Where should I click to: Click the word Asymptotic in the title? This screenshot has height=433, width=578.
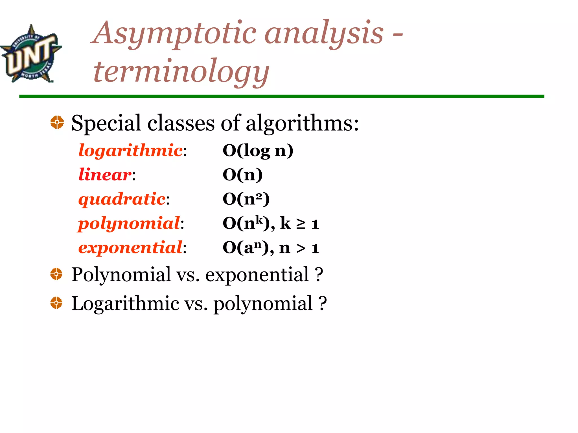coord(175,34)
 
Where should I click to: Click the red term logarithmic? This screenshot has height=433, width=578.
coord(130,150)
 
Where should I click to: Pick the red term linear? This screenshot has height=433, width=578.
coord(105,174)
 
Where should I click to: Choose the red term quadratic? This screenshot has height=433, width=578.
coord(122,199)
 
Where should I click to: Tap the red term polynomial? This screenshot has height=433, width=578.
coord(129,224)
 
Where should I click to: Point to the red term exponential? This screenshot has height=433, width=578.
coord(130,248)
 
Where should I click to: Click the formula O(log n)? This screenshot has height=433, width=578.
coord(258,150)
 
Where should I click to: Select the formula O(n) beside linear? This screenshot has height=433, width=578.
coord(243,174)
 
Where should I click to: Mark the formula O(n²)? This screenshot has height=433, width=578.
coord(246,199)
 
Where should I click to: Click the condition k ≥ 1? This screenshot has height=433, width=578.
coord(299,224)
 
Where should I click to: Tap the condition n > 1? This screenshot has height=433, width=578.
coord(299,248)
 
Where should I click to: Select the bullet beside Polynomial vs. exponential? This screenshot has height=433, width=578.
coord(56,274)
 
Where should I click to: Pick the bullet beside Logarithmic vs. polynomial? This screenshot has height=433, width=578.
coord(56,303)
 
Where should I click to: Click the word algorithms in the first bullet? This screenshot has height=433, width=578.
coord(302,123)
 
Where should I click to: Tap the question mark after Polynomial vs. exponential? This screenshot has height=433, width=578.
coord(319,274)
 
